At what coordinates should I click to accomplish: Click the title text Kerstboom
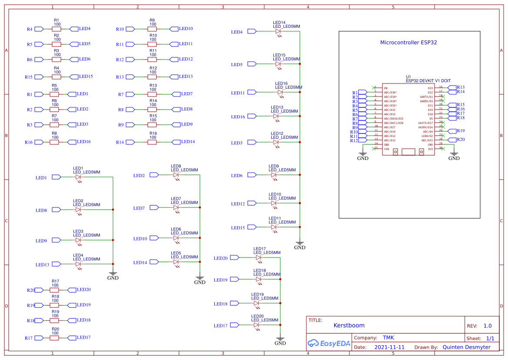click(349, 325)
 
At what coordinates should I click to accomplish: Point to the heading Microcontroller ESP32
click(408, 43)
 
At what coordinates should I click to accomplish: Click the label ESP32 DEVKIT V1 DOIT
click(428, 80)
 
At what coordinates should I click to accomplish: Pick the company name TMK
click(388, 338)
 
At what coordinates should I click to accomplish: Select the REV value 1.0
click(487, 326)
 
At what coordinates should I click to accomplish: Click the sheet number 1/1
click(490, 338)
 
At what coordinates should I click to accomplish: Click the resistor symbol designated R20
click(55, 337)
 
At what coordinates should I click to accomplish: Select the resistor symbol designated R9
click(153, 29)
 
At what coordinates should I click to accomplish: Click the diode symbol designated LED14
click(279, 31)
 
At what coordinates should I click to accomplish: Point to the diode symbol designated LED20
click(256, 325)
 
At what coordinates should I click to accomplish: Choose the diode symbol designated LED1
click(78, 177)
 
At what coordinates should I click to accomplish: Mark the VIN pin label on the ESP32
click(386, 149)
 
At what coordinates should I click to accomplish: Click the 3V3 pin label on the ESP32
click(430, 149)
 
